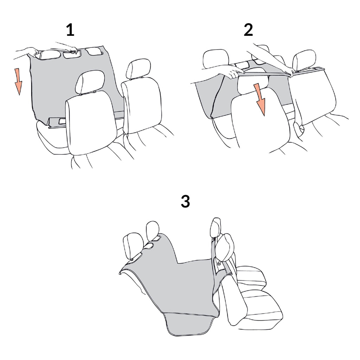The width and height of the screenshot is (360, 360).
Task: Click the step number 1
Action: click(x=70, y=30)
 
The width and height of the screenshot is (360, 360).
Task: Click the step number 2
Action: click(x=248, y=30)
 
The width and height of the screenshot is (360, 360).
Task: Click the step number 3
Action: click(x=185, y=201)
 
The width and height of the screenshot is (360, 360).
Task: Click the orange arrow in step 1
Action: click(x=18, y=81)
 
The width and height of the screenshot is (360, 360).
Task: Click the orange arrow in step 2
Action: click(x=260, y=99)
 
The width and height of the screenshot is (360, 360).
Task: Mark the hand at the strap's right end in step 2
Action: click(x=290, y=72)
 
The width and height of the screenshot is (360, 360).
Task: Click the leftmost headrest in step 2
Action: click(x=216, y=59)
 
